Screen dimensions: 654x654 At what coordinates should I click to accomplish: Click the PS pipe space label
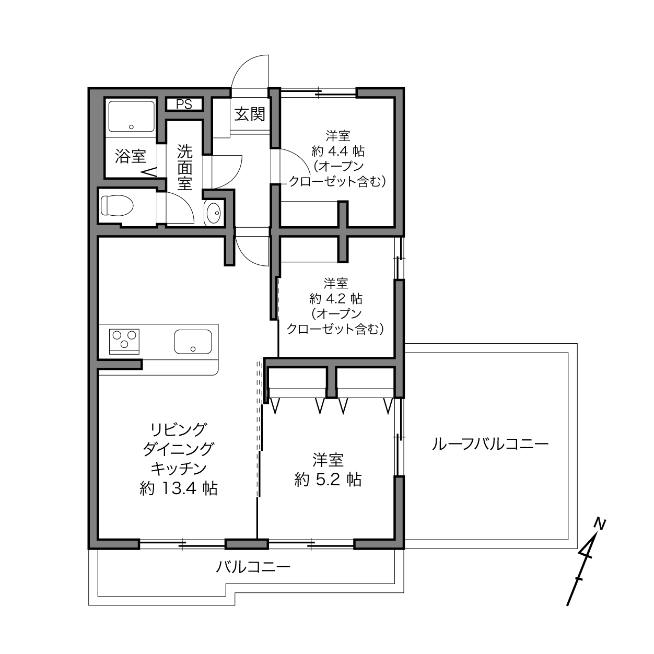click(x=184, y=104)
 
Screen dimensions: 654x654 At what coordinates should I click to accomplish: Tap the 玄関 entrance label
click(x=250, y=114)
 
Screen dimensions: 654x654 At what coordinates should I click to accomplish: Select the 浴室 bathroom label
click(x=131, y=156)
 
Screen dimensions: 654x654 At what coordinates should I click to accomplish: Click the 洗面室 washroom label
click(x=184, y=167)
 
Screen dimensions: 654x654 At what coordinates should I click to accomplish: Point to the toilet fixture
click(x=117, y=206)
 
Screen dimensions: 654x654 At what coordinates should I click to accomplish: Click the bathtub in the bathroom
click(x=131, y=116)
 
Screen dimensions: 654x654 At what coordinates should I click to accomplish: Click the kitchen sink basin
click(x=193, y=342)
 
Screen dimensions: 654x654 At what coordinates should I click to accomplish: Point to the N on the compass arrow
click(x=600, y=524)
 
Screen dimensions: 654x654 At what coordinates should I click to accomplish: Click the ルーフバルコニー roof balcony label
click(x=490, y=444)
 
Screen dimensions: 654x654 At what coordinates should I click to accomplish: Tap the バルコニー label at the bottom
click(x=253, y=567)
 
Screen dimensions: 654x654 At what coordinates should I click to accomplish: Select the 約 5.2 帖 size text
click(x=328, y=480)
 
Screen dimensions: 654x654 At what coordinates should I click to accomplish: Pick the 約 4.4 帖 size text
click(x=337, y=151)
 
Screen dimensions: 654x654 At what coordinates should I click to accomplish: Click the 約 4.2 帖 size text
click(x=336, y=299)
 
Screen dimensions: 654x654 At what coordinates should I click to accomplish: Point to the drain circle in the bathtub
click(x=131, y=127)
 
